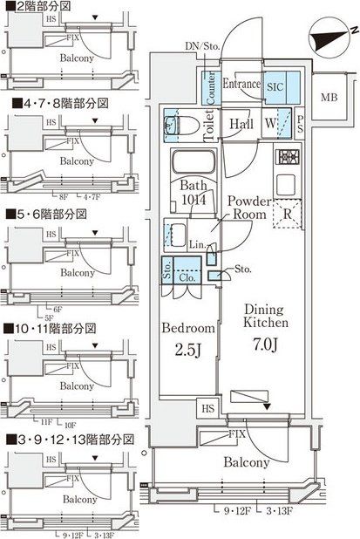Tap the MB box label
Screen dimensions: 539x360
[x=329, y=97]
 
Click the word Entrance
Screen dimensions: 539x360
[x=241, y=84]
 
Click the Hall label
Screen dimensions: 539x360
[x=241, y=126]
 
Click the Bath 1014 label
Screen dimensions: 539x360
[x=197, y=192]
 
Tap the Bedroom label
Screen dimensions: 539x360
[x=188, y=329]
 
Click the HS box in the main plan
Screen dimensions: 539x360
[x=207, y=407]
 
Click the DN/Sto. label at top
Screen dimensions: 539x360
[x=203, y=45]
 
